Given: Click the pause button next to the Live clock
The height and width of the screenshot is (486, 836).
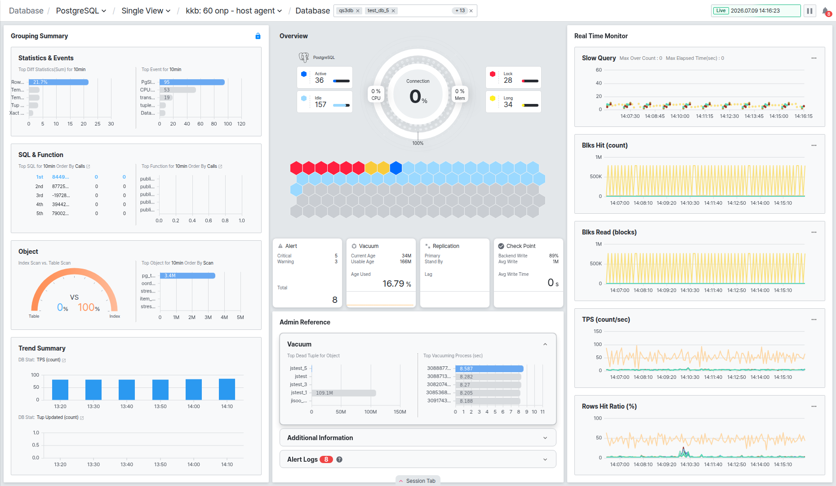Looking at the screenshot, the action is click(x=809, y=11).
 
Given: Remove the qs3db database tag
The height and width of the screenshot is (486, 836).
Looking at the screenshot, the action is click(x=358, y=11).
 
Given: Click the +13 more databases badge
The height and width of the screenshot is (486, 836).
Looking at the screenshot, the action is click(x=460, y=11).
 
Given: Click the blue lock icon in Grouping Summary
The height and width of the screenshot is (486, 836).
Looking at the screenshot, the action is click(x=258, y=36).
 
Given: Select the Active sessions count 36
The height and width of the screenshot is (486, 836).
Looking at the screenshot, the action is click(x=319, y=80).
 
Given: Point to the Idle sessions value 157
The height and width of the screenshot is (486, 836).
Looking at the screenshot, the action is click(x=320, y=104).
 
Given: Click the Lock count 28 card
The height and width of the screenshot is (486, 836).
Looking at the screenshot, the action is click(x=513, y=77).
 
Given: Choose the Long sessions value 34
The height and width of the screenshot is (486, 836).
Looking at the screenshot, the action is click(x=508, y=104).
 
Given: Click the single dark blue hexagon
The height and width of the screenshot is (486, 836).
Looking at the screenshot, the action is click(x=396, y=168).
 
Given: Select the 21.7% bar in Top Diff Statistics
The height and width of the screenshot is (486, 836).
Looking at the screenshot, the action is click(x=58, y=82).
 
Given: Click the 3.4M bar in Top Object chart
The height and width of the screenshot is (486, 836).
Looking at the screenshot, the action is click(x=187, y=275).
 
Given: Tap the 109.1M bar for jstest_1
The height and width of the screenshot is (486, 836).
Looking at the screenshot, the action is click(x=343, y=393).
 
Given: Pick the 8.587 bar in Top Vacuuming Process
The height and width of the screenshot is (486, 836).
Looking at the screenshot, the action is click(x=489, y=369).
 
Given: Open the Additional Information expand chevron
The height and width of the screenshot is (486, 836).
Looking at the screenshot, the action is click(x=545, y=438).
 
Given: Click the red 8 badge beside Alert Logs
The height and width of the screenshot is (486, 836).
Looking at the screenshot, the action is click(x=326, y=459).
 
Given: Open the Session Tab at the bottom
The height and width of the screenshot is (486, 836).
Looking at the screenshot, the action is click(x=418, y=481).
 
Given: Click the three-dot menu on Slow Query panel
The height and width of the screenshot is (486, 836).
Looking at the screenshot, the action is click(x=814, y=58).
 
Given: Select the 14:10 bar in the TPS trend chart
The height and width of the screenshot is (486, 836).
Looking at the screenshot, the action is click(x=227, y=389).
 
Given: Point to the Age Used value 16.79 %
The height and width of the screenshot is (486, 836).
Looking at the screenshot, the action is click(x=397, y=284).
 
